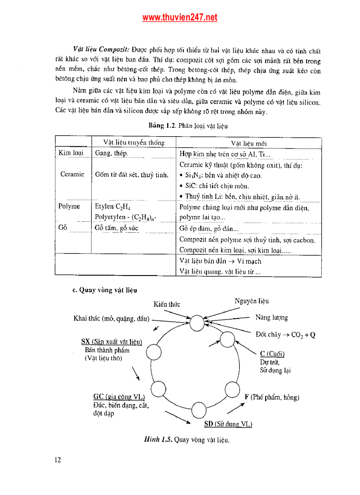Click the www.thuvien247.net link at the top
click(x=180, y=18)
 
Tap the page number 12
click(x=58, y=460)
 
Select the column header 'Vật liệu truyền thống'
click(x=134, y=143)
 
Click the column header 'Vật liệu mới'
click(x=248, y=143)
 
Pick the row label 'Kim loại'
click(x=71, y=153)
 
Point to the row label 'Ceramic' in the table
click(x=72, y=174)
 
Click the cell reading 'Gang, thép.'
click(x=112, y=153)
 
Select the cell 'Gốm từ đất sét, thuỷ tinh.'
click(x=131, y=175)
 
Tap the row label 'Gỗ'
click(x=62, y=227)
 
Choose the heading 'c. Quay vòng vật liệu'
click(x=105, y=290)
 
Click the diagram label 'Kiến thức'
click(x=166, y=304)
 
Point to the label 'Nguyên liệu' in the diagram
click(x=251, y=301)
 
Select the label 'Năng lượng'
click(x=271, y=317)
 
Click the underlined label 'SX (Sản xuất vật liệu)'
click(x=112, y=342)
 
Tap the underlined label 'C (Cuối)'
click(x=272, y=354)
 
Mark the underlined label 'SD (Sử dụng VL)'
click(x=228, y=424)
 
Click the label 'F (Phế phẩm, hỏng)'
click(x=272, y=397)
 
